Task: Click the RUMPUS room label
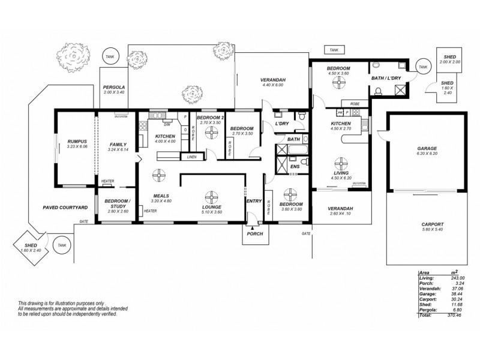[x=77, y=141]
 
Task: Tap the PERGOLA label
[x=113, y=87]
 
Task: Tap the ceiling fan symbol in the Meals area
[x=159, y=175]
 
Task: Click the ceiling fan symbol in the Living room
[x=341, y=163]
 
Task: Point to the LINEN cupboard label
[x=191, y=157]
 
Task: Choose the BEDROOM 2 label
[x=210, y=117]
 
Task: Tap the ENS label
[x=295, y=166]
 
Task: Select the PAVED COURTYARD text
[x=65, y=207]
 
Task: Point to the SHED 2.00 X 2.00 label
[x=449, y=59]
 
